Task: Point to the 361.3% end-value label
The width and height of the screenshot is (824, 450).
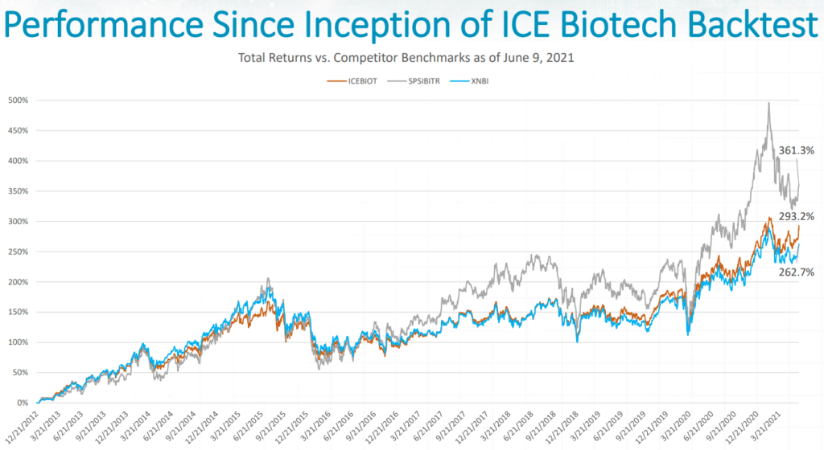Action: [x=796, y=150]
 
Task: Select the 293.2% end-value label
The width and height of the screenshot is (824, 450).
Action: [x=796, y=216]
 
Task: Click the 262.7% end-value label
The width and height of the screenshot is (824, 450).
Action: [x=796, y=272]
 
